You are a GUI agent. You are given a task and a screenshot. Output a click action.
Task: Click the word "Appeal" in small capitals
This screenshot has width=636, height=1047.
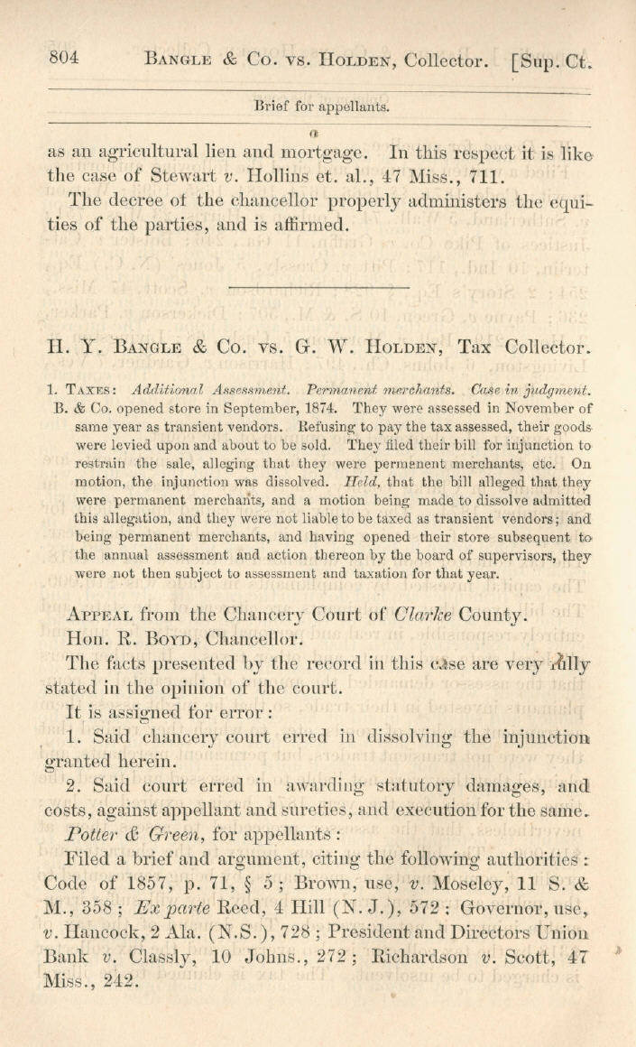[99, 616]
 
